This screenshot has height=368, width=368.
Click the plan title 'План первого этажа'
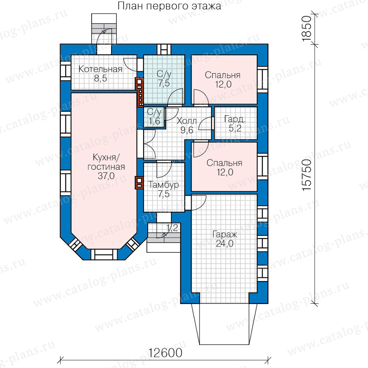click(x=169, y=6)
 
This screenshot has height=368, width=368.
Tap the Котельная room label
click(x=101, y=69)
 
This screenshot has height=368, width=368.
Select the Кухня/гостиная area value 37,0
click(x=106, y=176)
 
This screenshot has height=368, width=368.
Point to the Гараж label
click(x=225, y=234)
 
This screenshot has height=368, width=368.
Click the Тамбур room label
click(x=163, y=185)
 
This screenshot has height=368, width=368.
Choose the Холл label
click(x=186, y=121)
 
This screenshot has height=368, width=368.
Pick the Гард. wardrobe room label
click(x=235, y=119)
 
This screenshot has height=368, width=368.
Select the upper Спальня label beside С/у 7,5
click(x=223, y=75)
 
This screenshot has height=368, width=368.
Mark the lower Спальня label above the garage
click(x=224, y=163)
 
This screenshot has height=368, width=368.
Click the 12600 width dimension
click(x=165, y=352)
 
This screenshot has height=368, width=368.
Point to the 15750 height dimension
click(x=307, y=175)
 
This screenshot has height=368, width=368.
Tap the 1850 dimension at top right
click(x=307, y=29)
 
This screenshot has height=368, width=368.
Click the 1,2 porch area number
click(x=172, y=228)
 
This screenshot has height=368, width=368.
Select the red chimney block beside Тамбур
click(x=139, y=183)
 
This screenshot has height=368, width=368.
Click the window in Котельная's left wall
click(x=66, y=71)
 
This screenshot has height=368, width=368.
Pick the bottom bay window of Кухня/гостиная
click(x=104, y=254)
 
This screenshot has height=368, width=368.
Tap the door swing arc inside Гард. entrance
click(x=205, y=123)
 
